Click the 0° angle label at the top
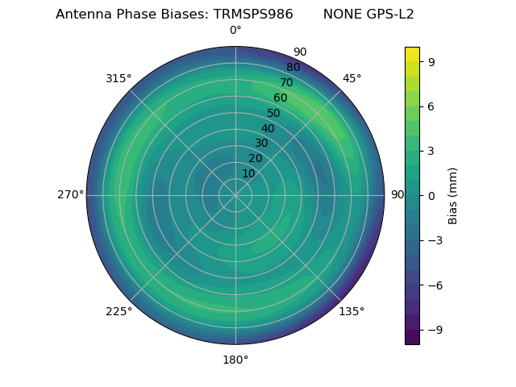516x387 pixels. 235,31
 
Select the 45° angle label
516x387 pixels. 352,78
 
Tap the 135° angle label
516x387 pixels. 352,311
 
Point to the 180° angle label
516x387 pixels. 235,360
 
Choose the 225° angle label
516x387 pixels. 119,311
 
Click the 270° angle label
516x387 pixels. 70,195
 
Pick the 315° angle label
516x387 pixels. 119,78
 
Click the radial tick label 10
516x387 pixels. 248,173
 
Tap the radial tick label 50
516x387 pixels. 274,114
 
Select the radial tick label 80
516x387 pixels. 293,68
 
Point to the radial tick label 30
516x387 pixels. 261,144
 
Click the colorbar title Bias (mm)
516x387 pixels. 453,195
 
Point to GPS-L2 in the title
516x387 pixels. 391,15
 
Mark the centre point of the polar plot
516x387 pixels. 235,195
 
